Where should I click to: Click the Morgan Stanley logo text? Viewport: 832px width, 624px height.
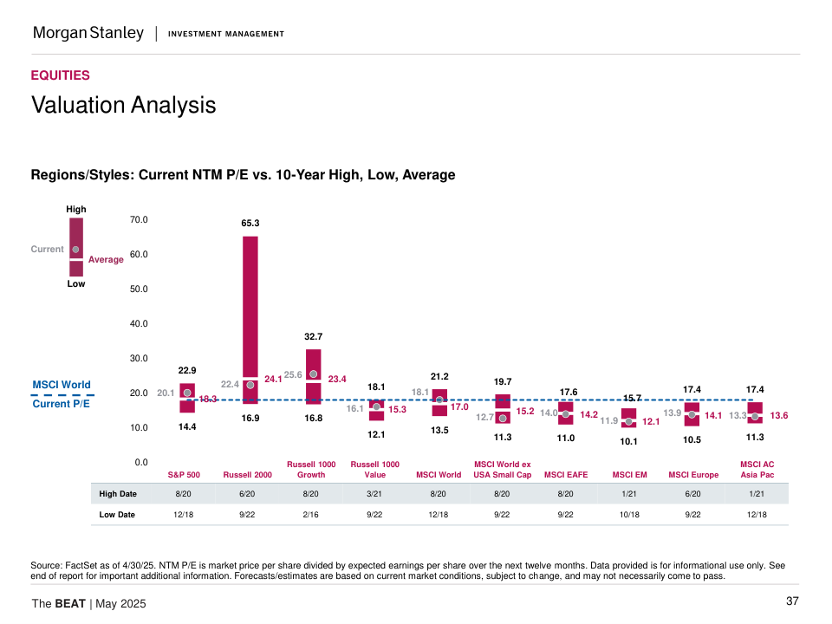[x=88, y=33]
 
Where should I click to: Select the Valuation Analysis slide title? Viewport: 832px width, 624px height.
[x=123, y=105]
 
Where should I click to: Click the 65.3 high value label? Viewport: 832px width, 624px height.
[x=250, y=224]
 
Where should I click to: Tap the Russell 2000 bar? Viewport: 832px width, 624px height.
[x=250, y=312]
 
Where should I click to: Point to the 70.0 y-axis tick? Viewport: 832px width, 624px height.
[x=138, y=220]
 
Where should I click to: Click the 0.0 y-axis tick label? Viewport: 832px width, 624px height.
[x=140, y=463]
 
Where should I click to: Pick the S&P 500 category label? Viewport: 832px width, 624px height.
[x=184, y=475]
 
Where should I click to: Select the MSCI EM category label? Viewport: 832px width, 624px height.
[x=629, y=475]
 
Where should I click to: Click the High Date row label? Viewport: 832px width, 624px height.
[x=118, y=494]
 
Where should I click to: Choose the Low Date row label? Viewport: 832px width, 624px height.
[x=118, y=515]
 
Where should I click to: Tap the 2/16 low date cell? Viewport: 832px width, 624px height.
[x=311, y=515]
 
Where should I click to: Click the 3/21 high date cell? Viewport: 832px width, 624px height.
[x=374, y=494]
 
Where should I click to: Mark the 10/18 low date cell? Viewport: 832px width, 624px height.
[x=629, y=515]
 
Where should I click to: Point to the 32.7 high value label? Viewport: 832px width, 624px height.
[x=313, y=336]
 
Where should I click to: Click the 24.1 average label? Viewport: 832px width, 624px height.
[x=273, y=379]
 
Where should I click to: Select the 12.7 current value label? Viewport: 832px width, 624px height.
[x=485, y=417]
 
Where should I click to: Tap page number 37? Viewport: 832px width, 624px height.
[x=792, y=601]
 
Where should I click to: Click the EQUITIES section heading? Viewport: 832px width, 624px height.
[x=61, y=75]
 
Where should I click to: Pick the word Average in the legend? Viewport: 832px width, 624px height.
[x=106, y=260]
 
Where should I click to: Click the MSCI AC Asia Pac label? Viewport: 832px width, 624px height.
[x=757, y=470]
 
